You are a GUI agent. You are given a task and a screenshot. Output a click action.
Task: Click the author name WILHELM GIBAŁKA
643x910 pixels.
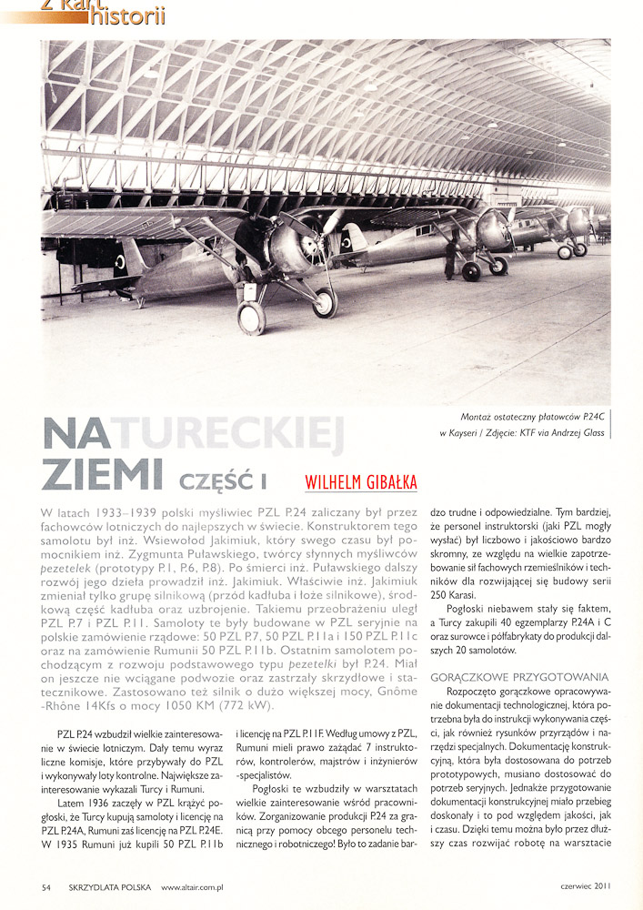pos(361,481)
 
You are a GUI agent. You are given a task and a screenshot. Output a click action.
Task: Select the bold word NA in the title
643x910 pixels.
pos(75,436)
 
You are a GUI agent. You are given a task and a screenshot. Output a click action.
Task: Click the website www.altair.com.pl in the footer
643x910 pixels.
pos(195,886)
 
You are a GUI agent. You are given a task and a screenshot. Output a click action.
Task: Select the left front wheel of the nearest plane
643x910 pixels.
pos(252,318)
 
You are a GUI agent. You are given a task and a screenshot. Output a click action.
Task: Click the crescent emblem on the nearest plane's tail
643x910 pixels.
pos(119,261)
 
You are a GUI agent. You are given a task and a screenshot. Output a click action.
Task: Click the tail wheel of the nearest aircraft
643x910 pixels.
pos(138,301)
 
